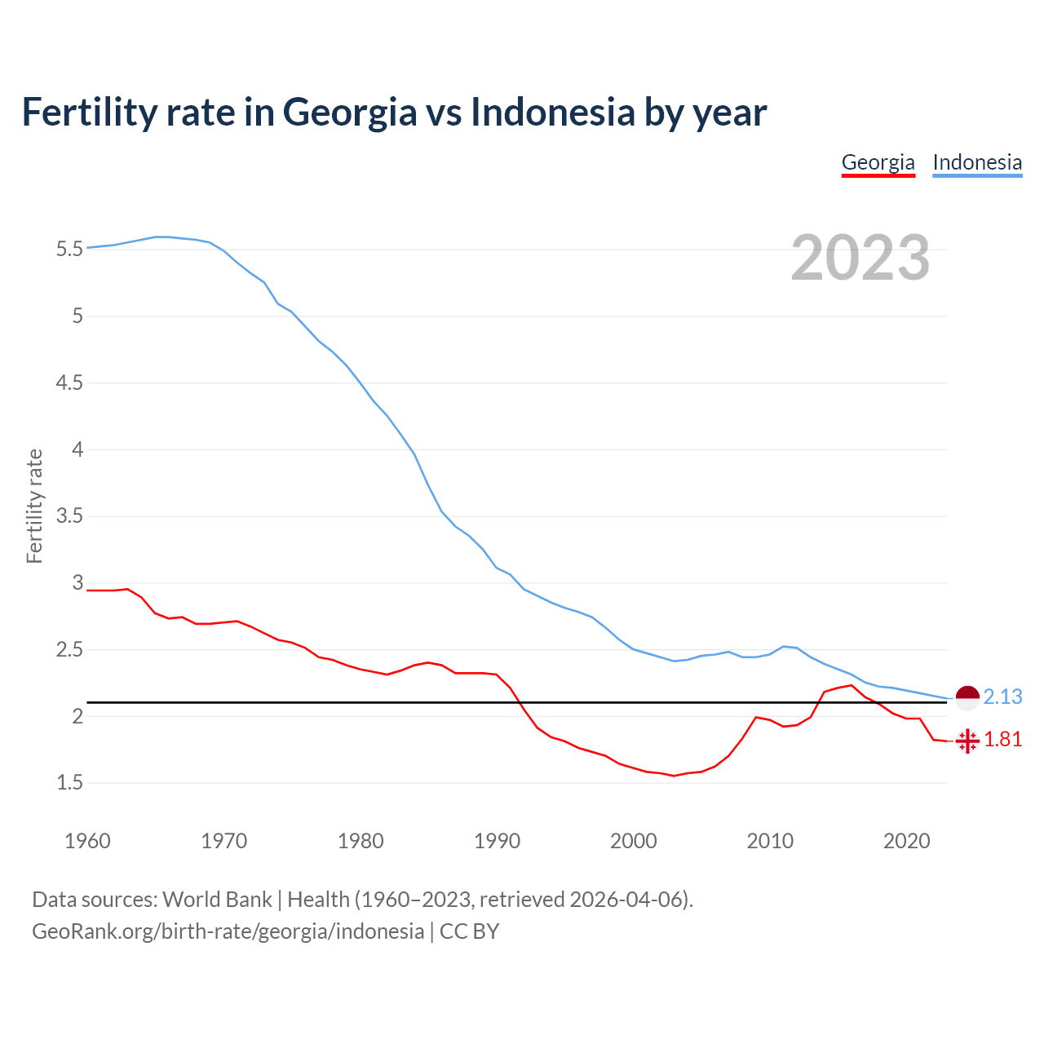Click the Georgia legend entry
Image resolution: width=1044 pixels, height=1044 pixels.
pos(878,162)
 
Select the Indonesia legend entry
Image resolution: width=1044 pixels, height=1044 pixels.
pos(977,162)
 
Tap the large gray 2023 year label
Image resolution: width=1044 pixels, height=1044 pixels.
pos(860,258)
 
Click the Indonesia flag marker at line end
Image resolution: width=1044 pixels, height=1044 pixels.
pos(967,698)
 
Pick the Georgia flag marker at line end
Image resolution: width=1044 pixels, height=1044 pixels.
pos(967,741)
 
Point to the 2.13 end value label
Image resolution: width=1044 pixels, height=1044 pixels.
pos(1002,697)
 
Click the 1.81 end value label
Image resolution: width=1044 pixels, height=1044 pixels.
pos(1002,740)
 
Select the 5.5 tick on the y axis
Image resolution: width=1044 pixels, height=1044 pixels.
pos(69,250)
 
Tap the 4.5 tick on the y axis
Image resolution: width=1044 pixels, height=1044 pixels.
pos(69,383)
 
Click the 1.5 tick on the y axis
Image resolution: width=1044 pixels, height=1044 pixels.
pos(69,784)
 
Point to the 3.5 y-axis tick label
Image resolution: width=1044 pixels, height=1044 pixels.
pos(69,516)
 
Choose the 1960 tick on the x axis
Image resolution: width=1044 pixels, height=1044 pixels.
pos(87,841)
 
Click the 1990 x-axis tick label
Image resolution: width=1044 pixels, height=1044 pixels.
pos(497,841)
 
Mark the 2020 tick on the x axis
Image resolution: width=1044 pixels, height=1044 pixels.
pos(906,841)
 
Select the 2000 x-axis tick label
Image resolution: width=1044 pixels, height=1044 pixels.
pos(633,841)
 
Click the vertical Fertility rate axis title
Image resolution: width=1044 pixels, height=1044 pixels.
pos(34,506)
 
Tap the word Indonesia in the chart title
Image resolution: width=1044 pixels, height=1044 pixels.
pos(553,113)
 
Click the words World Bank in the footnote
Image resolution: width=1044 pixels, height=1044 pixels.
pos(217,900)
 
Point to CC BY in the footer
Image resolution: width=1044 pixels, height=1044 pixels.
pos(469,931)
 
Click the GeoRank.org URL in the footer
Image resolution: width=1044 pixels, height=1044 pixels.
pos(228,931)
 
